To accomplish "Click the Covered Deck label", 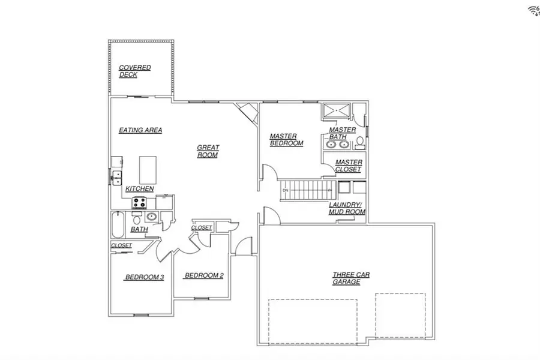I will click(x=134, y=71).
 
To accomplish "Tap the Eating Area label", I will click(x=140, y=130).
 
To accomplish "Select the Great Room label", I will click(x=208, y=151).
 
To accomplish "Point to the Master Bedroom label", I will click(x=286, y=140).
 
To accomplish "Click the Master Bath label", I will click(x=342, y=133).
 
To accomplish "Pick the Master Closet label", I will click(x=348, y=166).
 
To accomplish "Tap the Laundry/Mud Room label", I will click(x=347, y=208).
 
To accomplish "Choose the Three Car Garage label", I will click(x=351, y=278).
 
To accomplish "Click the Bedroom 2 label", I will click(x=204, y=275).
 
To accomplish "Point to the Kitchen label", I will click(x=140, y=189).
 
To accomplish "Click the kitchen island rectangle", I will click(x=148, y=169).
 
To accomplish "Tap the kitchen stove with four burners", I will click(x=140, y=202).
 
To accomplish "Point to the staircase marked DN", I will click(x=309, y=190).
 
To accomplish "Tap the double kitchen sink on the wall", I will click(x=116, y=178).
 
